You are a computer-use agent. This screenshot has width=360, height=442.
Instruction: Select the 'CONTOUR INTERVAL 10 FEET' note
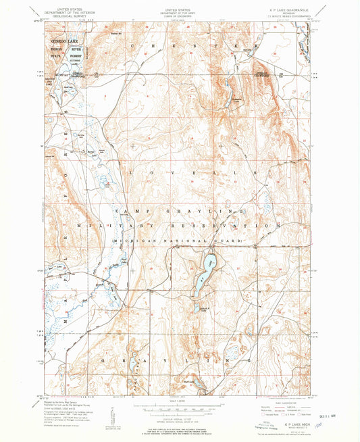tap(179, 415)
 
